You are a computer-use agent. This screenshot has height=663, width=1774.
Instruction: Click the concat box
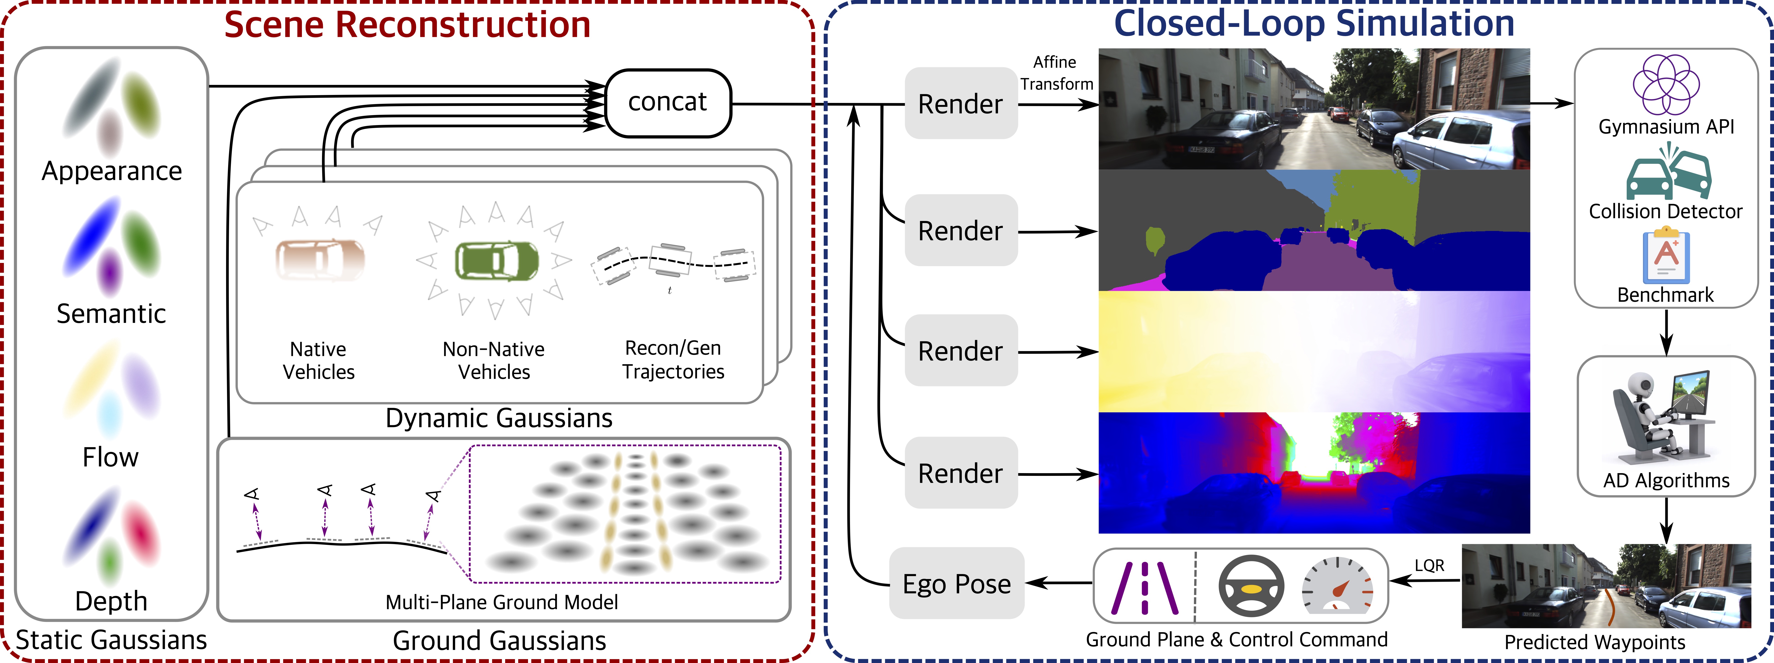[667, 102]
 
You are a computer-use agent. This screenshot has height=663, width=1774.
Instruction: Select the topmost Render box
[961, 103]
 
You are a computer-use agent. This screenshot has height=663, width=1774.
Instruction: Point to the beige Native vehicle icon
[319, 259]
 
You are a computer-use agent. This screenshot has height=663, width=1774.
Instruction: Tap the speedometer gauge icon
[1337, 586]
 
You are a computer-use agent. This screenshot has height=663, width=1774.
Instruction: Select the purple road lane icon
[1145, 587]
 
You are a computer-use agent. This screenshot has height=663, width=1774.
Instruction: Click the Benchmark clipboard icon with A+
[1666, 257]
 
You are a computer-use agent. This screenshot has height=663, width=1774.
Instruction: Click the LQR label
[1429, 565]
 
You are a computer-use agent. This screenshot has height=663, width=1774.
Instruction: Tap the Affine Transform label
[1056, 73]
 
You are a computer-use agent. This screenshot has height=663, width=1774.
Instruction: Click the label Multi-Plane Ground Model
[501, 603]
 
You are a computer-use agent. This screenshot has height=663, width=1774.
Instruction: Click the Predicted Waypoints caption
[1594, 642]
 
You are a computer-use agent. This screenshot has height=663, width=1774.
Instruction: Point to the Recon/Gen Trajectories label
[673, 359]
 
